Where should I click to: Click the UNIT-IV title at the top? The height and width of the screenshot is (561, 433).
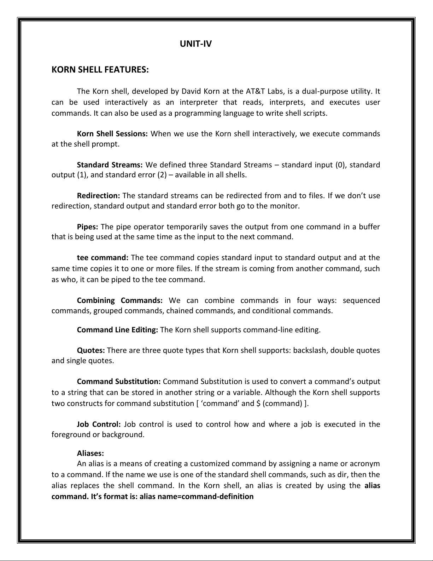[x=195, y=44]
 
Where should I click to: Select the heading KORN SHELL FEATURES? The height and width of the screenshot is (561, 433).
[x=100, y=69]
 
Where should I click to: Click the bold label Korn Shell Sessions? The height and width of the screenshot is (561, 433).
[x=112, y=134]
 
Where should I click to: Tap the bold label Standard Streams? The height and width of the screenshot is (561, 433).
[x=110, y=165]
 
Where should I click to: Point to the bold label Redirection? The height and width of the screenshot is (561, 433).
[x=99, y=196]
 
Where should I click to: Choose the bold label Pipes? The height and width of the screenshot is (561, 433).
[x=87, y=227]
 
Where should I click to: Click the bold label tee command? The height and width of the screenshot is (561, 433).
[x=103, y=258]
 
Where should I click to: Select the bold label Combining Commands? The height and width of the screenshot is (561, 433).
[x=119, y=300]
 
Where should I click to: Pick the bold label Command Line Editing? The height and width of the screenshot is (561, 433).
[x=117, y=330]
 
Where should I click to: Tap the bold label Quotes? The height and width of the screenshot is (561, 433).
[x=91, y=350]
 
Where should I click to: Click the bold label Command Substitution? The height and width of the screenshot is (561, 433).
[x=119, y=382]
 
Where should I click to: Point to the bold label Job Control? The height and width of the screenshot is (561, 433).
[x=99, y=424]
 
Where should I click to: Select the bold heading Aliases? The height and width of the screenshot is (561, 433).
[x=90, y=453]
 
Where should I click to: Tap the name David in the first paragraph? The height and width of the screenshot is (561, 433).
[x=191, y=91]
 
